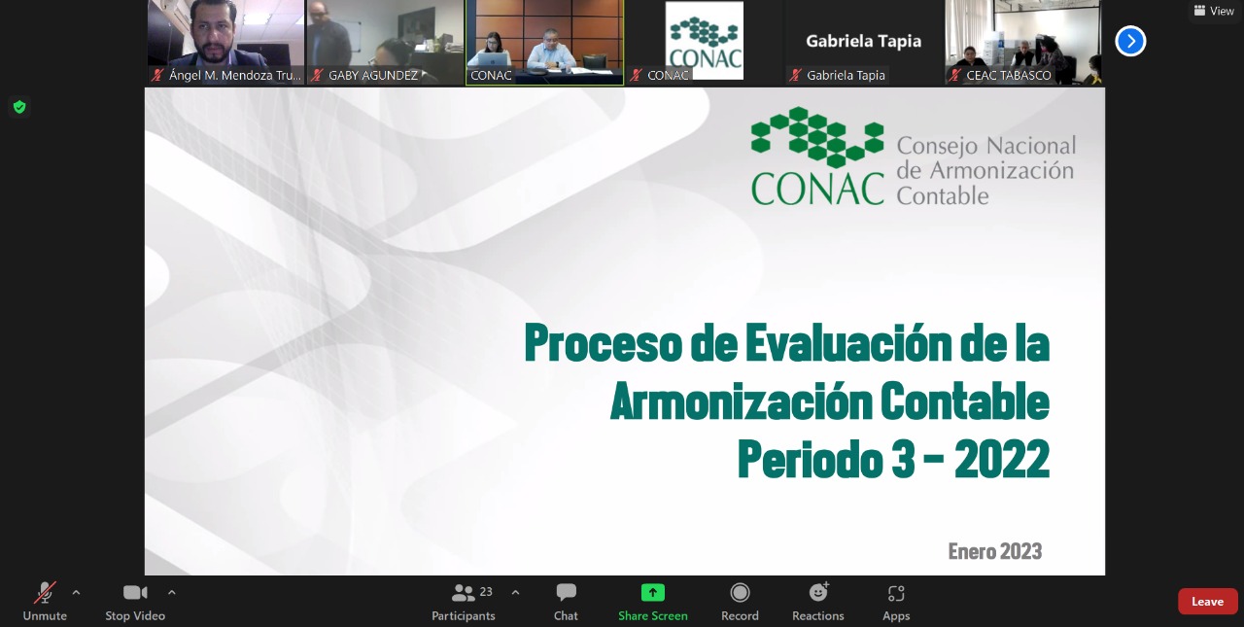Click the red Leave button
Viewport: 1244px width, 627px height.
coord(1207,602)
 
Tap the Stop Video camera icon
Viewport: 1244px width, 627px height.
coord(135,593)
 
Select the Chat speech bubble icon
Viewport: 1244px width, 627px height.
coord(566,593)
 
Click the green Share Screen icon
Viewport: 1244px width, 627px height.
coord(652,593)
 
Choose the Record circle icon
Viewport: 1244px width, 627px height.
coord(740,593)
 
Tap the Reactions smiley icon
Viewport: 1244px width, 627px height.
coord(818,593)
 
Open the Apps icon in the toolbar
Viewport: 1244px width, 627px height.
coord(896,593)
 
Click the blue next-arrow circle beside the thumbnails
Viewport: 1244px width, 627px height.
coord(1130,41)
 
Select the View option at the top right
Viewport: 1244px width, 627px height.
coord(1214,11)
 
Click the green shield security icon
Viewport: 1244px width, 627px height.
coord(19,107)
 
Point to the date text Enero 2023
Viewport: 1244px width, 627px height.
coord(994,551)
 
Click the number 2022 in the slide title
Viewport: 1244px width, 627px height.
coord(1002,459)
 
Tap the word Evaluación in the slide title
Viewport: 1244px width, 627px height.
coord(848,343)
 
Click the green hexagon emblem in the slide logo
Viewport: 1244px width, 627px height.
coord(817,137)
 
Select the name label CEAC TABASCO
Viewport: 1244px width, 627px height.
coord(1009,76)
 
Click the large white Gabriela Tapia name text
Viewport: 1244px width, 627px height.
coord(864,41)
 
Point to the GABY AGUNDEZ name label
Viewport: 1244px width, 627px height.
coord(372,76)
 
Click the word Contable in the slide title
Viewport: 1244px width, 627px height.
coord(965,401)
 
